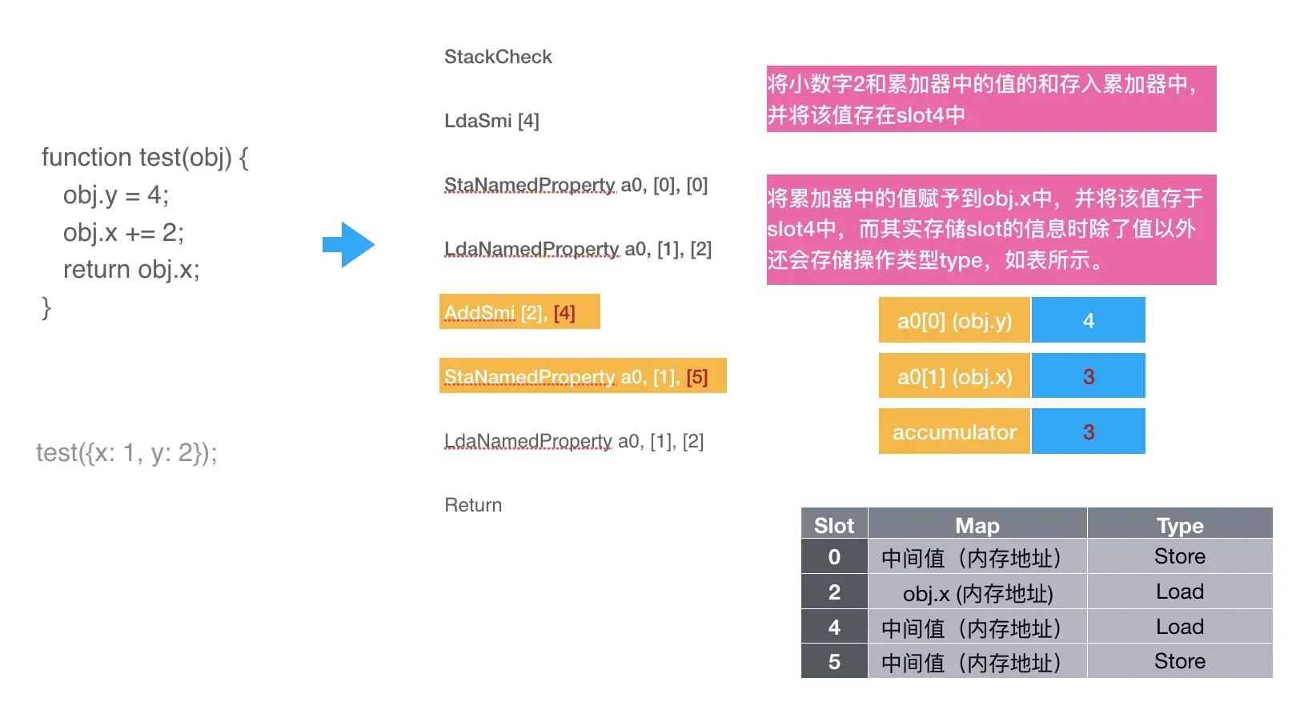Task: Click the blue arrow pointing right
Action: (x=349, y=244)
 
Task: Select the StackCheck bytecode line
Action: (x=498, y=57)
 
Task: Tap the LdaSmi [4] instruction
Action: (x=492, y=121)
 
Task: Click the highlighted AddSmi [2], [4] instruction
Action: (x=519, y=312)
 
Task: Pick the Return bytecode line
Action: (x=473, y=505)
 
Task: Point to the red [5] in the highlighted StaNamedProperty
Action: (x=696, y=376)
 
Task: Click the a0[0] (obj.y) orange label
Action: (x=954, y=321)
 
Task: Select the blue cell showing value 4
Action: (x=1088, y=321)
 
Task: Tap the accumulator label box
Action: (x=954, y=432)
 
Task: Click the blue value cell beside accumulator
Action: (x=1088, y=432)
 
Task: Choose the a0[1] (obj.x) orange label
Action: (x=954, y=376)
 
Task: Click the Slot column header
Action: (x=834, y=525)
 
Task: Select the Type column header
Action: (x=1179, y=525)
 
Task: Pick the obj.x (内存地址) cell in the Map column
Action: (x=977, y=593)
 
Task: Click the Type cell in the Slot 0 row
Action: (x=1179, y=557)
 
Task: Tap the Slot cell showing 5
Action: (x=834, y=662)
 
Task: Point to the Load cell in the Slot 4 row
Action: (x=1179, y=627)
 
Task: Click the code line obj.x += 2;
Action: (x=123, y=232)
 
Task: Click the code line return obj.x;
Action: (x=131, y=270)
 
